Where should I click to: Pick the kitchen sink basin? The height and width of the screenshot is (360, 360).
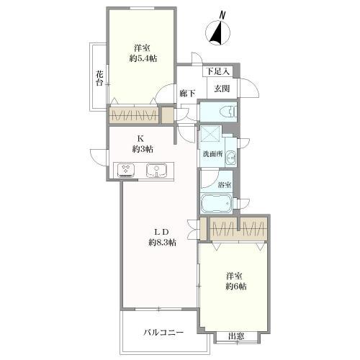(156, 171)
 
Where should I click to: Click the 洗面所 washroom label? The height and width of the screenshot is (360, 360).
(212, 153)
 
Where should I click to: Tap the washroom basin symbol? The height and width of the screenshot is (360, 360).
(230, 158)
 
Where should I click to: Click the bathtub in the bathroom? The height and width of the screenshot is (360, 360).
(216, 203)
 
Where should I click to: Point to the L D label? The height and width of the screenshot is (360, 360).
(159, 231)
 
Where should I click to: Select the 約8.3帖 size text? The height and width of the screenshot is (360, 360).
(159, 243)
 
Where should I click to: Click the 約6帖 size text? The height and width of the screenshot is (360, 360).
(235, 287)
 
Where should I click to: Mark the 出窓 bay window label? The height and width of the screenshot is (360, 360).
(235, 336)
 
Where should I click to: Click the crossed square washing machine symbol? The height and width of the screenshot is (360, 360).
(211, 134)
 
